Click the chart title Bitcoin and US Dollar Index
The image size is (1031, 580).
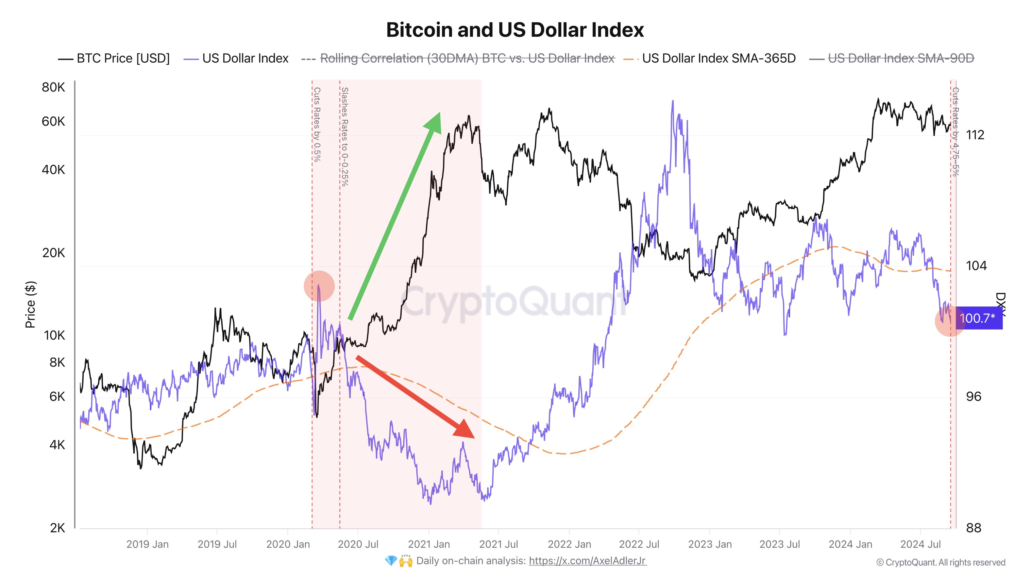click(x=515, y=30)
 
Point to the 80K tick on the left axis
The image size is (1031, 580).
click(x=53, y=87)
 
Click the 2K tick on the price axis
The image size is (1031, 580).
click(x=57, y=528)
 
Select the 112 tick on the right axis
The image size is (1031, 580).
click(x=975, y=135)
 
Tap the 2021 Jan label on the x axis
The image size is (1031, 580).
click(x=429, y=544)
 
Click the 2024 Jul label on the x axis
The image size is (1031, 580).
click(x=921, y=544)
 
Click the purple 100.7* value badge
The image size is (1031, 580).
click(x=979, y=318)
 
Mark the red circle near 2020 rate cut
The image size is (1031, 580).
click(x=319, y=286)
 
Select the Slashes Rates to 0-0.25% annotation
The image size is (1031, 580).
click(x=345, y=136)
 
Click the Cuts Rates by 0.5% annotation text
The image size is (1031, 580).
click(x=316, y=125)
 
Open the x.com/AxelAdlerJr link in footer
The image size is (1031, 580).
click(x=587, y=561)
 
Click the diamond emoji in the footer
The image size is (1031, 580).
click(x=391, y=561)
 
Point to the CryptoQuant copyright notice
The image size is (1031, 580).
click(x=940, y=562)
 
